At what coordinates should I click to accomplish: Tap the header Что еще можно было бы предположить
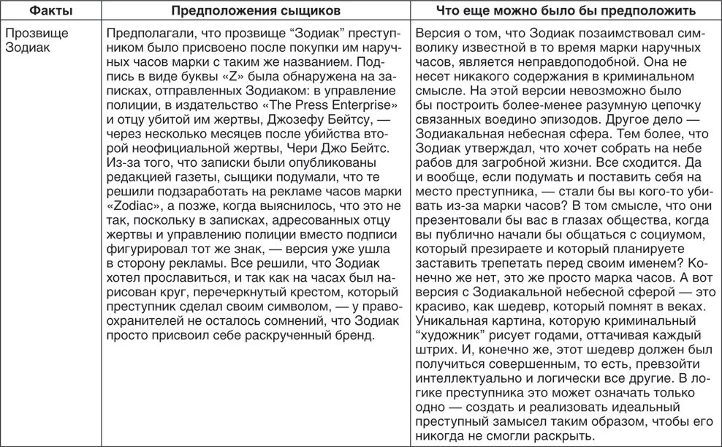point(565,12)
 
